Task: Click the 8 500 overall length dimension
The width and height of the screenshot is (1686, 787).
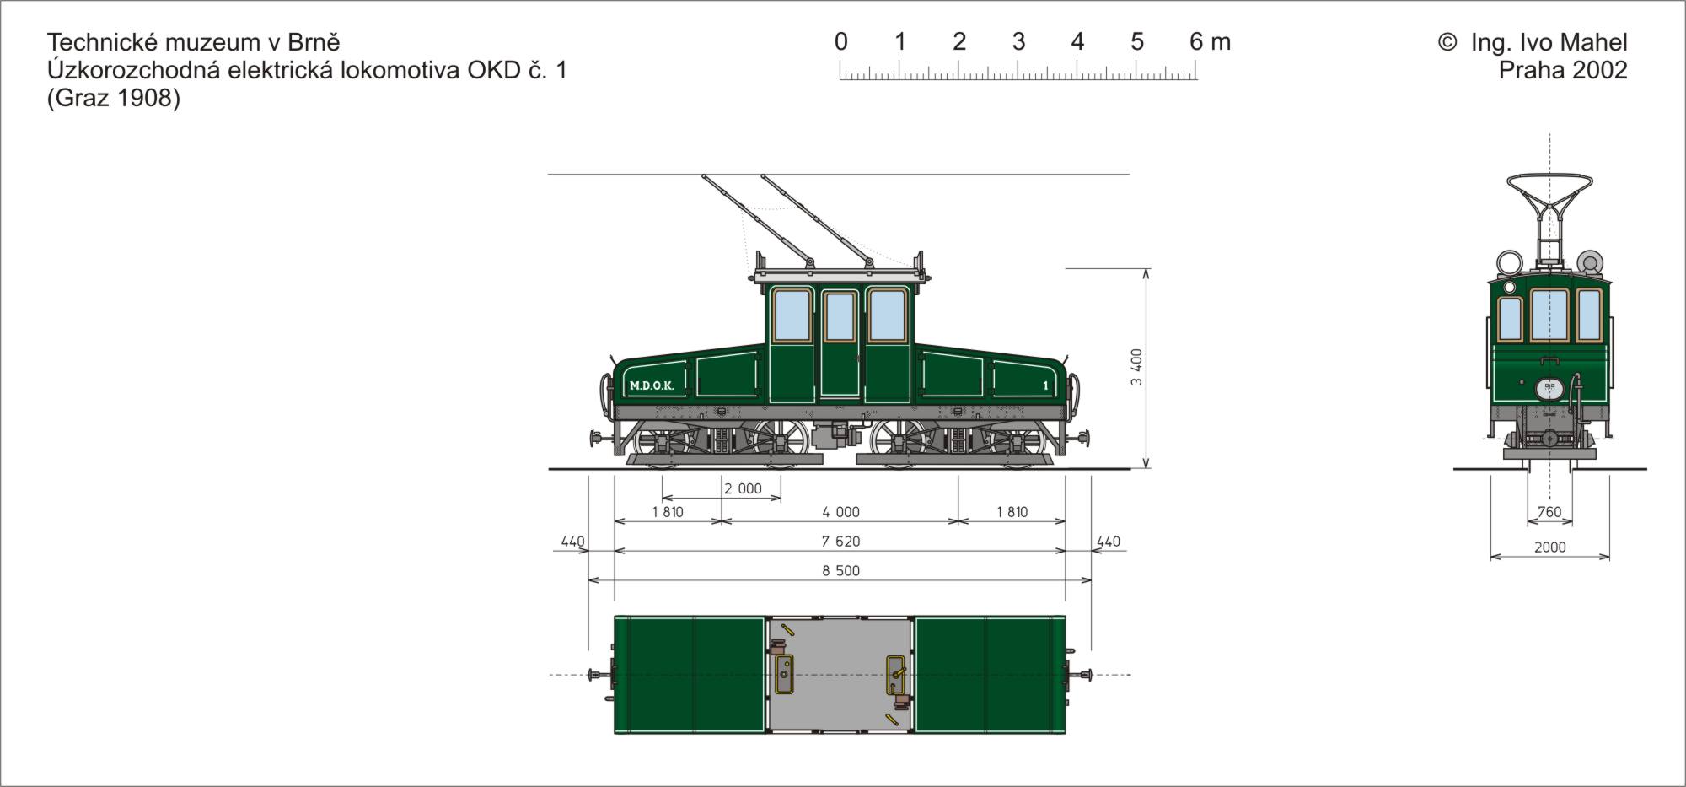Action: click(x=841, y=571)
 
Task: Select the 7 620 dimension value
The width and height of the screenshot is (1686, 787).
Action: click(x=841, y=542)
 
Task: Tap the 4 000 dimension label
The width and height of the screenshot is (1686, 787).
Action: click(x=841, y=512)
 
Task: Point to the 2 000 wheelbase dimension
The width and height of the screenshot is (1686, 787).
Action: click(x=743, y=488)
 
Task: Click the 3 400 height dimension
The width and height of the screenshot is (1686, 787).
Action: click(x=1136, y=367)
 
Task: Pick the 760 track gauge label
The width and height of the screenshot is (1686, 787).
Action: click(x=1549, y=512)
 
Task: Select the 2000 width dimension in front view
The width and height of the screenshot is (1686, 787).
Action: click(x=1549, y=547)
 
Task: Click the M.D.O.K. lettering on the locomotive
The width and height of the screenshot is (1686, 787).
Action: click(x=652, y=386)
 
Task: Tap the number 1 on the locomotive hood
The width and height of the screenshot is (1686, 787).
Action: click(x=1045, y=386)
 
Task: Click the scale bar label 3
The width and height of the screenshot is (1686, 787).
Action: click(x=1018, y=41)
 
